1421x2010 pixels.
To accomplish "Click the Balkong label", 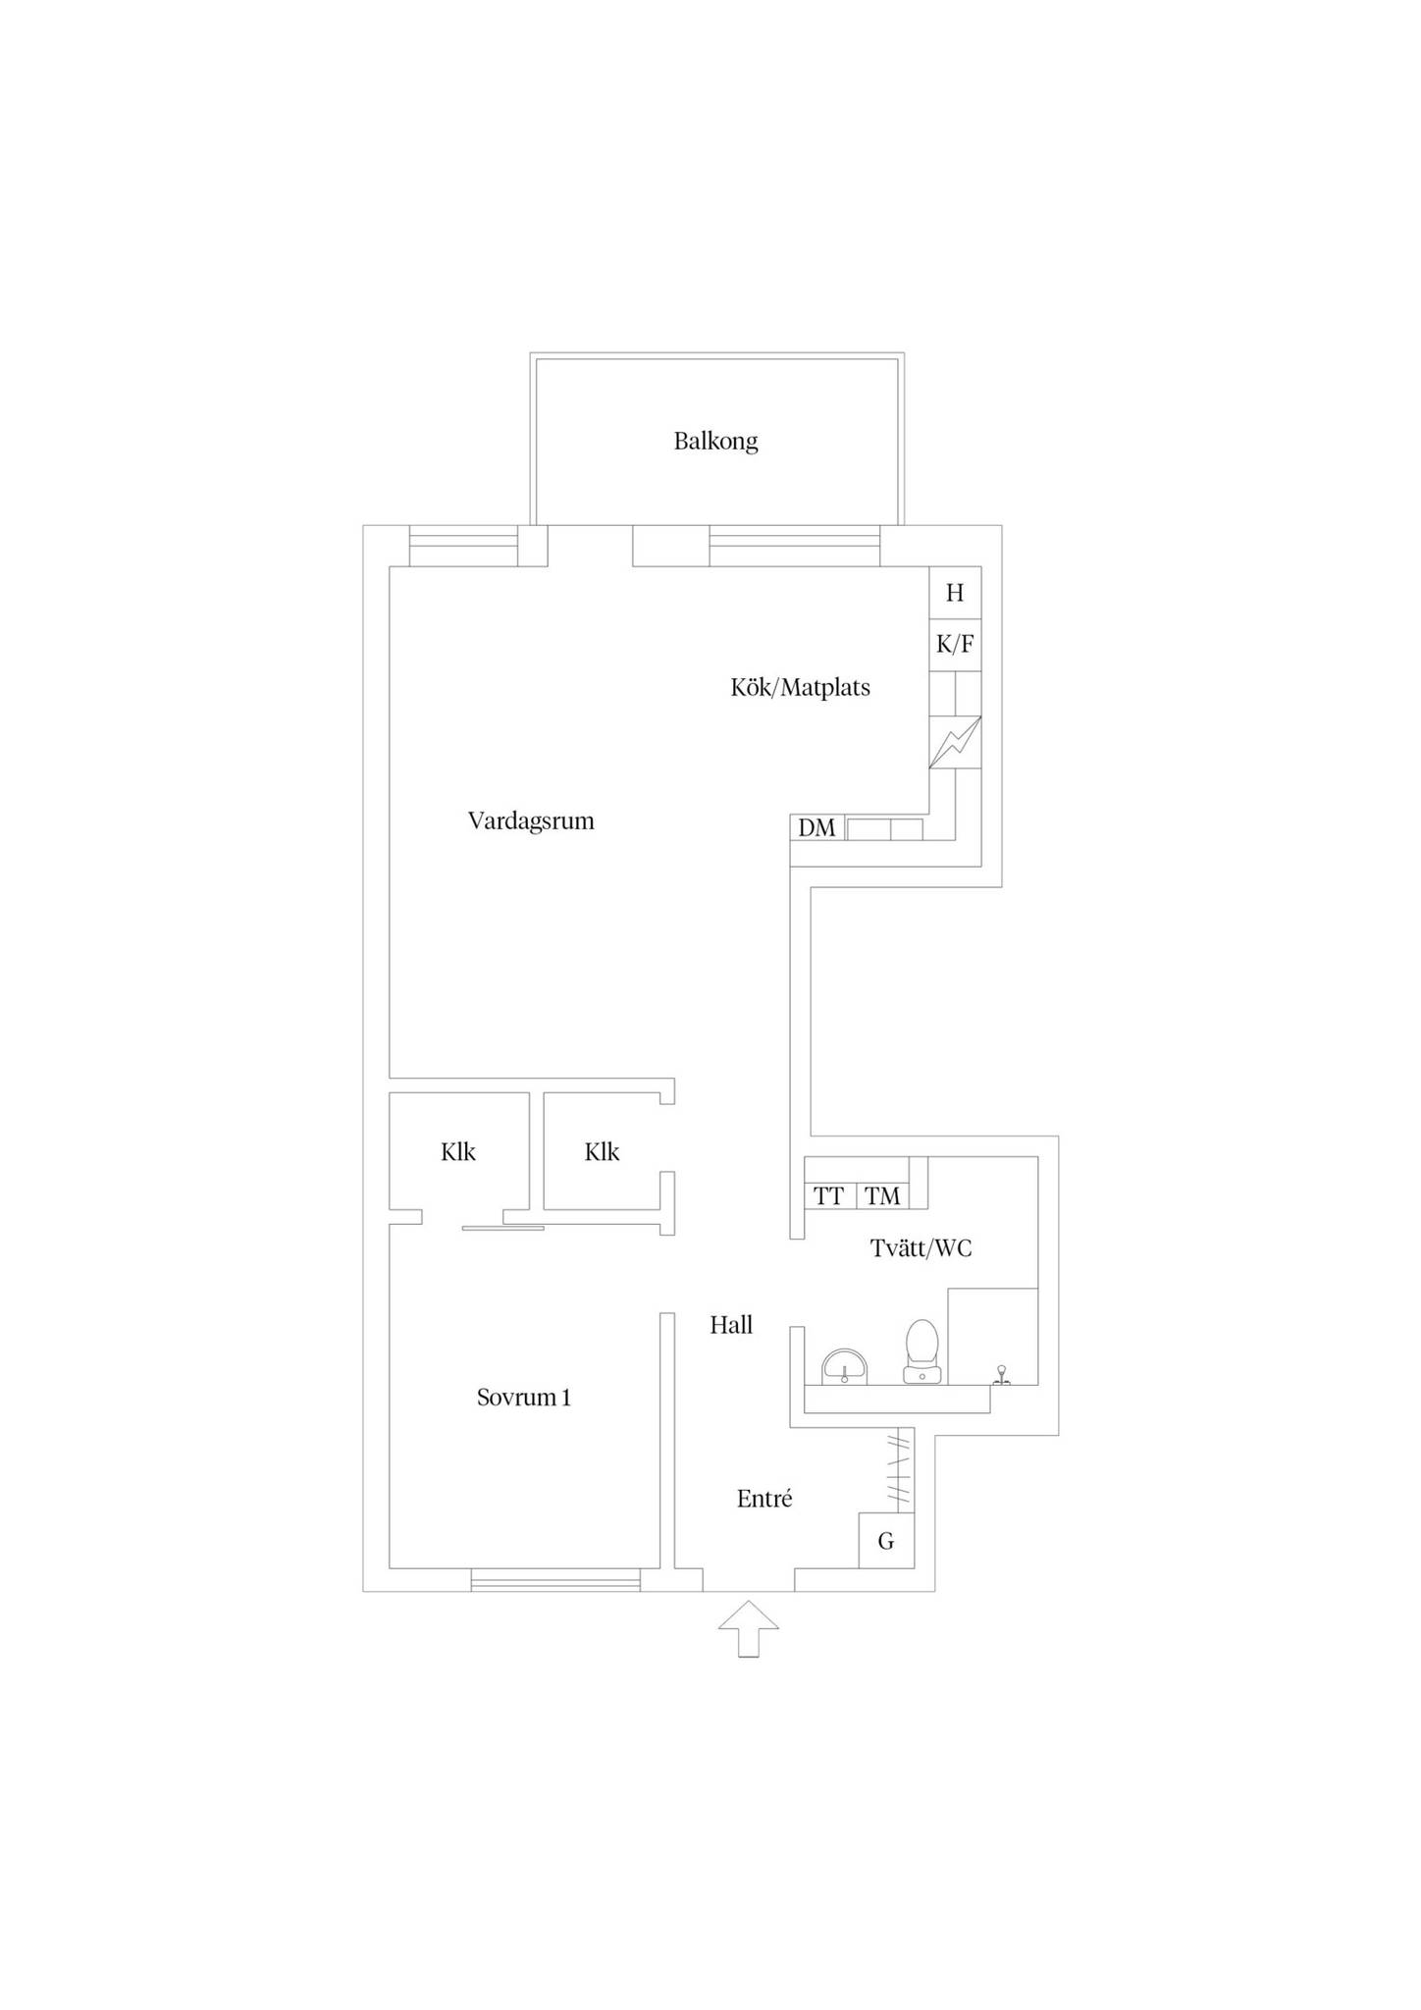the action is coord(715,442).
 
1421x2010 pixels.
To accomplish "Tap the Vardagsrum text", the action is coord(531,821).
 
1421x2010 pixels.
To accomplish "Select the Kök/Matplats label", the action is coord(800,687).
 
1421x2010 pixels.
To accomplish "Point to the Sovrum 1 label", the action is coord(523,1398).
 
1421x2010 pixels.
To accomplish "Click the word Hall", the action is coord(731,1325).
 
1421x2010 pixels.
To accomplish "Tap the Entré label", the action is coord(764,1499).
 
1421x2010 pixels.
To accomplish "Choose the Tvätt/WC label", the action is coord(921,1248).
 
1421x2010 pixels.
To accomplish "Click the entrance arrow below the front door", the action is coord(749,1628).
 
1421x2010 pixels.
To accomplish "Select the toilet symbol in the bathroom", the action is coord(922,1351).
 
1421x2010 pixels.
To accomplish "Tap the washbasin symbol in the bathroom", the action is coord(845,1366).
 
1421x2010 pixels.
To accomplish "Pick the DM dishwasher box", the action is coord(817,827).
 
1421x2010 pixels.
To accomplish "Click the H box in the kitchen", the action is coord(955,593).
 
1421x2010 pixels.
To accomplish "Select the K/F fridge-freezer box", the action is coord(955,645).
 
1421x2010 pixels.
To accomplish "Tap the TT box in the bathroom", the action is coord(830,1196).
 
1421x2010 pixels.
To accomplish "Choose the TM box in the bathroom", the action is coord(883,1196).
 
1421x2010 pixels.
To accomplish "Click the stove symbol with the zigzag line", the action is coord(955,743).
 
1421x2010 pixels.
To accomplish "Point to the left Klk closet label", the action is coord(458,1152).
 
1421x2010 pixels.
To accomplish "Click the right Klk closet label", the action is coord(602,1152).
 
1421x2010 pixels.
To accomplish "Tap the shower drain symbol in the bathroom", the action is coord(1001,1374).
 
